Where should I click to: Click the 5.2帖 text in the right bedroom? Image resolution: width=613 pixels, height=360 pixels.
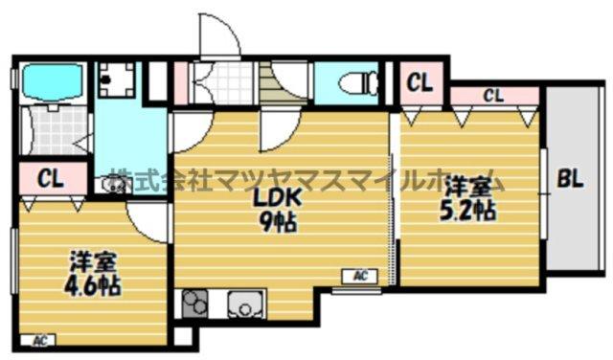467,211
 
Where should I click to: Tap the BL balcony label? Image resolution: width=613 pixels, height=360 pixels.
572,179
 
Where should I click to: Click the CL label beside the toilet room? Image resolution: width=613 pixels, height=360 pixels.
419,82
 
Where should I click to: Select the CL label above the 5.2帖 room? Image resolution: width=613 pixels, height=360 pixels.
493,95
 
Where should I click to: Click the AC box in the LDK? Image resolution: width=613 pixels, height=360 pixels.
361,276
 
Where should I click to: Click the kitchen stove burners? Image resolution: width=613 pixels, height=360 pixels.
197,305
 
